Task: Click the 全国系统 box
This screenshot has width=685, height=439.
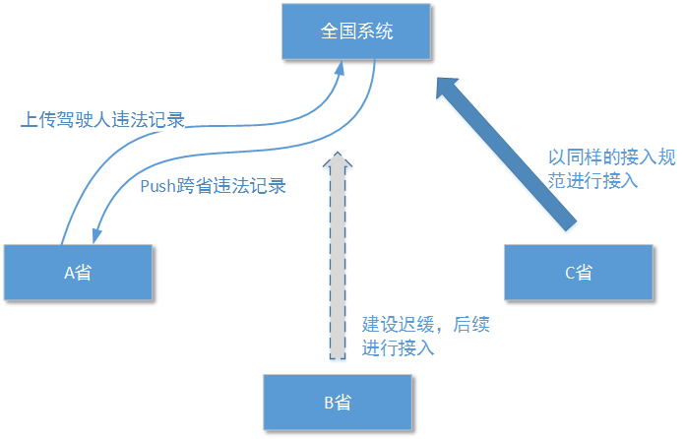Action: [x=356, y=31]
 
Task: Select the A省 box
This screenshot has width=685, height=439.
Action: [x=78, y=273]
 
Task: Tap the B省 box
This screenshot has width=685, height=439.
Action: [x=338, y=402]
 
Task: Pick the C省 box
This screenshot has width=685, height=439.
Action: [x=578, y=273]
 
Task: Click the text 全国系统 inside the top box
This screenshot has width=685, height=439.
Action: [x=356, y=31]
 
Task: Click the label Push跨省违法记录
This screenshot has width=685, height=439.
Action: [x=213, y=185]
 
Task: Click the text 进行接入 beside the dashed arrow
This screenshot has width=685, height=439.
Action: [x=398, y=347]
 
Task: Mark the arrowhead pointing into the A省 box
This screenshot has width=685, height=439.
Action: [x=96, y=235]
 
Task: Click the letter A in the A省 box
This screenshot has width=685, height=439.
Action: [x=70, y=273]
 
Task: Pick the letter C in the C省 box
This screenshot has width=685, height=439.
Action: [x=570, y=273]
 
